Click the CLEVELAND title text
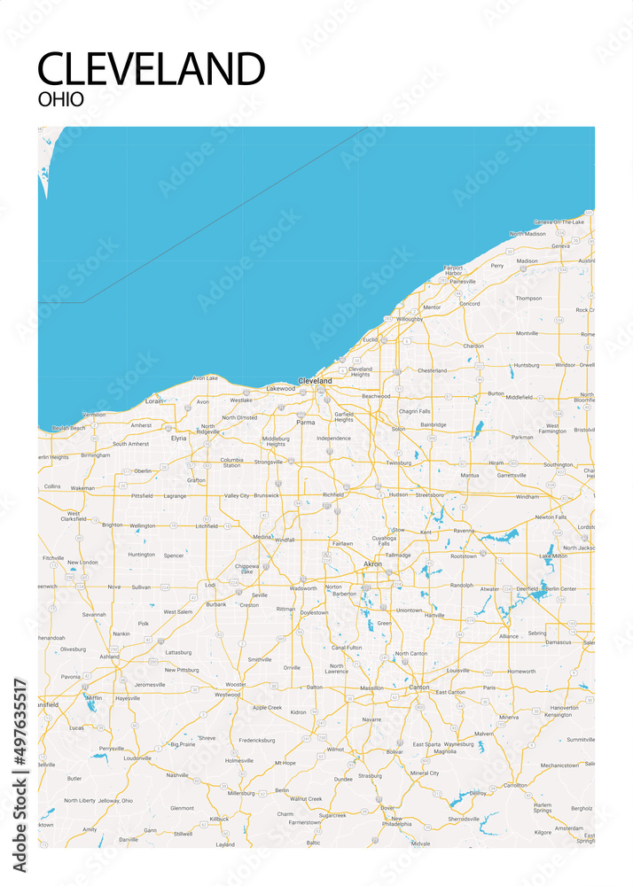(x=152, y=69)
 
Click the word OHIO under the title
(x=61, y=99)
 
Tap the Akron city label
(x=373, y=563)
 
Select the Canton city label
(x=418, y=687)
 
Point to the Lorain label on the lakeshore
(x=154, y=400)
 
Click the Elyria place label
(x=179, y=438)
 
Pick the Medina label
(x=262, y=537)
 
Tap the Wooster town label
(x=235, y=684)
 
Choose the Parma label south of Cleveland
(x=305, y=423)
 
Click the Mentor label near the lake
(x=432, y=307)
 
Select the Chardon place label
(x=474, y=346)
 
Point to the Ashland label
(x=109, y=657)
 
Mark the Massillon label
(x=371, y=688)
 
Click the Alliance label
(x=508, y=636)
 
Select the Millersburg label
(x=241, y=794)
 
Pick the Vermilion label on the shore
(x=93, y=415)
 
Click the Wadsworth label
(x=303, y=588)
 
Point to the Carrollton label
(x=514, y=785)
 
